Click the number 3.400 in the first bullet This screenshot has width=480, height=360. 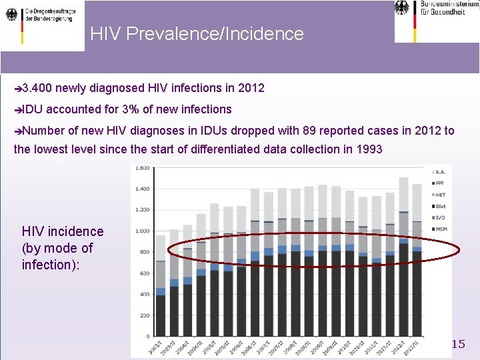coord(38,88)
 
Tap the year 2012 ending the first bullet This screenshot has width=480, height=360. coord(251,88)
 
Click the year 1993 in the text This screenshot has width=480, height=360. coord(369,149)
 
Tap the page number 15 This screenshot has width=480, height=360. coord(458,344)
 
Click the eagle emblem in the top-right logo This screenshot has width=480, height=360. coord(403,8)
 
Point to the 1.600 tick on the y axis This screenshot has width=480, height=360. coord(141,168)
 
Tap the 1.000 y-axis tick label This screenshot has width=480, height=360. coord(141,231)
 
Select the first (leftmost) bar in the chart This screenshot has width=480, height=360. coord(161,293)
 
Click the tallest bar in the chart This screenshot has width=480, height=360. coord(403,267)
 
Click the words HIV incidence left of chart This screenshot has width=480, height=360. coord(63,231)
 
